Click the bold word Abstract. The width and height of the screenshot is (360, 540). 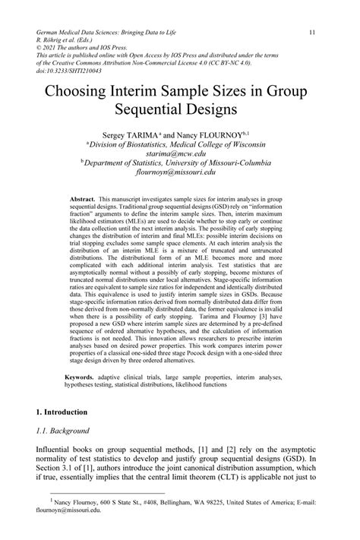point(81,198)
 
